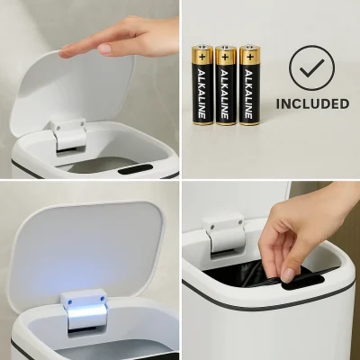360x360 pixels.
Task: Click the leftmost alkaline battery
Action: pos(202,85)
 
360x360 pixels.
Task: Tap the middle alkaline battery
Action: pos(226,85)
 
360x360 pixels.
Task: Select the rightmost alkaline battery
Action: pos(249,85)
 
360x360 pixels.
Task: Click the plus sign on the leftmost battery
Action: pos(202,58)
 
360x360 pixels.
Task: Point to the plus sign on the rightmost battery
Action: pos(249,58)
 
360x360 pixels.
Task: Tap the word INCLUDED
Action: pos(312,103)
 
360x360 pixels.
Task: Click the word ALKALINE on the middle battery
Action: pos(226,94)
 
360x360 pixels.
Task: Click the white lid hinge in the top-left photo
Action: pos(68,134)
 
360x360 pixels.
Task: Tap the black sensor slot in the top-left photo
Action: pos(135,169)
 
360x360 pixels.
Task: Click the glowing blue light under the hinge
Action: pos(86,315)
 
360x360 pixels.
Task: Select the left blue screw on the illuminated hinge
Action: pos(70,302)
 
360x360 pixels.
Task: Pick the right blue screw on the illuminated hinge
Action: pos(102,299)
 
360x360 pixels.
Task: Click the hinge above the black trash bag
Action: pos(224,236)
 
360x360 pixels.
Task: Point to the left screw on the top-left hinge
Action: pos(58,128)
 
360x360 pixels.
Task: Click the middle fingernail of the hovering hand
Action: pos(105,49)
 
